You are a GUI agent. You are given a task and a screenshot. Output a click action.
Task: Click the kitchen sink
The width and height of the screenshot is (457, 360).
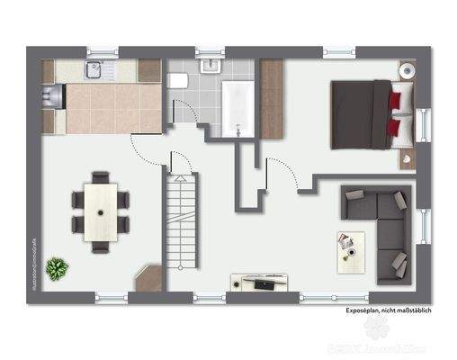click(x=94, y=69)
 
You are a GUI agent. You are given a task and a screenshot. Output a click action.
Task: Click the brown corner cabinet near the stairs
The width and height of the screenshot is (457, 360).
click(x=148, y=277)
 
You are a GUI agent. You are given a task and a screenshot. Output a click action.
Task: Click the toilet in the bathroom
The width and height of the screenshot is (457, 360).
click(x=177, y=81)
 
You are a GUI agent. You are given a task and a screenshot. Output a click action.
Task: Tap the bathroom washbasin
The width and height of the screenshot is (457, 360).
click(x=211, y=67)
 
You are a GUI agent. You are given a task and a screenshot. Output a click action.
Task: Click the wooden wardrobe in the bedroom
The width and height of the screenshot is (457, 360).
click(x=272, y=99)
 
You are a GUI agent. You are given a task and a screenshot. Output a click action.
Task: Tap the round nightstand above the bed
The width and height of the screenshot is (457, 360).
click(x=408, y=69)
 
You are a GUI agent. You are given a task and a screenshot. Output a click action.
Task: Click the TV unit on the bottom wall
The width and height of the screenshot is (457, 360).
click(x=259, y=282)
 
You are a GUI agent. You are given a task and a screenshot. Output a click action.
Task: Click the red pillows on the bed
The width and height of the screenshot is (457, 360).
click(x=393, y=112)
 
